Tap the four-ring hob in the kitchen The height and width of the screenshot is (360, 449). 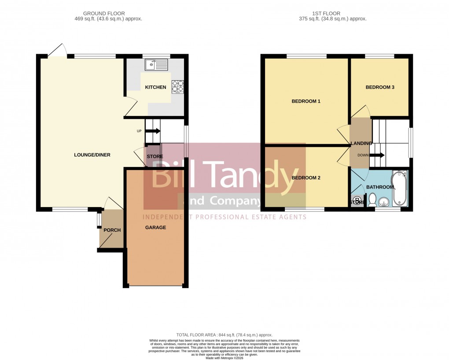coord(178,86)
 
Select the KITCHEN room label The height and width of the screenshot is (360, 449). coord(155,87)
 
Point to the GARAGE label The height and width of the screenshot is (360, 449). coord(155,227)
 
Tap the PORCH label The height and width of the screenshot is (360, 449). coord(112,230)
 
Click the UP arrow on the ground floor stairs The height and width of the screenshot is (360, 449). coord(153,131)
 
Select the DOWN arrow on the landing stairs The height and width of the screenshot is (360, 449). coord(377,155)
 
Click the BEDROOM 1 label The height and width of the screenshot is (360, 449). coord(306,101)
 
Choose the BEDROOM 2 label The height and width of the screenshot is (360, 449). coord(306,178)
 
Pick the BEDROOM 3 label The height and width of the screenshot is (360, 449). coord(380,87)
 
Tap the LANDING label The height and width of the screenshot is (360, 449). coord(361,143)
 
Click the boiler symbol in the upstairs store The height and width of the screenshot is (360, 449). coord(357,201)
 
